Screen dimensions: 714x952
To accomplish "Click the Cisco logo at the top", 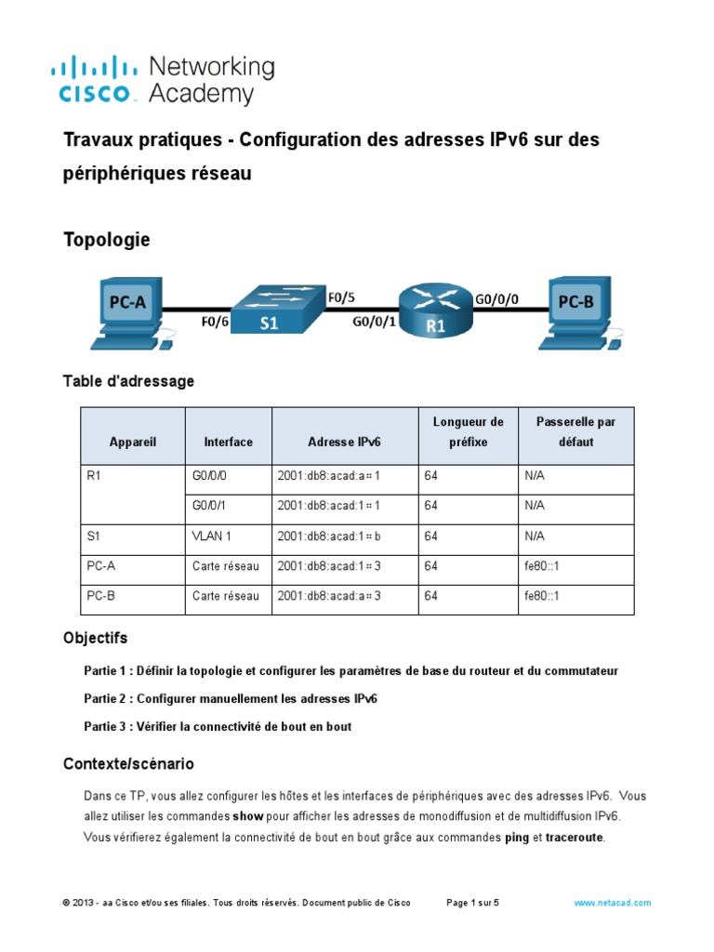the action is [163, 80].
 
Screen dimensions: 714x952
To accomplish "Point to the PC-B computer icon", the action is [576, 309].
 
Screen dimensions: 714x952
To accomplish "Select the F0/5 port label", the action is [341, 298].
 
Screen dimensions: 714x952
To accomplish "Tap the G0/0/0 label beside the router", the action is [497, 300].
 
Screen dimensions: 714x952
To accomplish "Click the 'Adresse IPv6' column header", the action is [344, 442].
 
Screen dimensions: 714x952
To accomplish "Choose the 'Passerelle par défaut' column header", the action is [575, 431].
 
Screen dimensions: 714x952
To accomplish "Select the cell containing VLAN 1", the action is [212, 536].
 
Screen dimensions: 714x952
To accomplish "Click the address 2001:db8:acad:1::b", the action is [329, 536].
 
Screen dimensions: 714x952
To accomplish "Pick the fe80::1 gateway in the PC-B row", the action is [541, 596].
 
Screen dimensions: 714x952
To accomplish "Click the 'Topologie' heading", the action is [106, 240].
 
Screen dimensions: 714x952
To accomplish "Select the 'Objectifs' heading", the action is [95, 639].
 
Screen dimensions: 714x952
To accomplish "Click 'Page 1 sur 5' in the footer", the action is [473, 903].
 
